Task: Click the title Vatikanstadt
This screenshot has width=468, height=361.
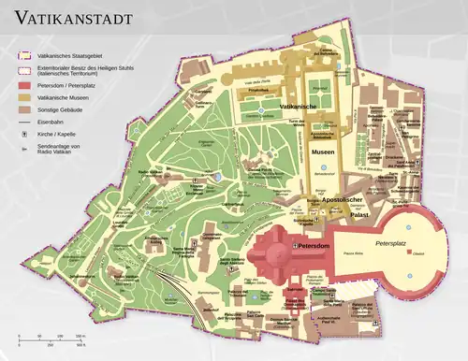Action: [72, 18]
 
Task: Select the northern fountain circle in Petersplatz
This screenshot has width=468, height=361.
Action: [409, 225]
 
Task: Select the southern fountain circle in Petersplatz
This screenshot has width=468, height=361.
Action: [409, 277]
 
